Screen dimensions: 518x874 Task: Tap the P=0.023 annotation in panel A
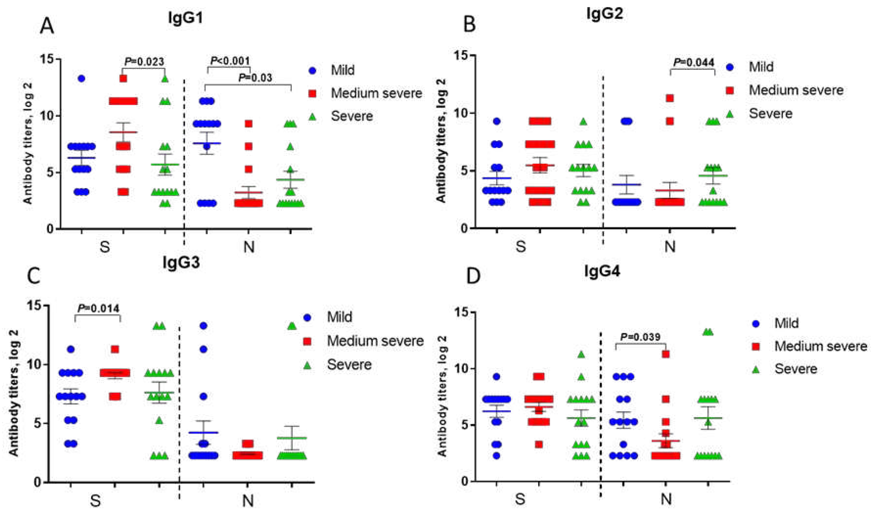tap(144, 62)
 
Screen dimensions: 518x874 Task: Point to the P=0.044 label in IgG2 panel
tap(694, 63)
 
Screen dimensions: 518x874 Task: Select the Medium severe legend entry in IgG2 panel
tap(796, 90)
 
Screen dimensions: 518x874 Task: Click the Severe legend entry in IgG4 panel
tap(796, 369)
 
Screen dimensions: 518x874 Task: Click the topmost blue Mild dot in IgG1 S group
tap(81, 79)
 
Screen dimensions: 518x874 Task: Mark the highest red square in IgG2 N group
tap(670, 99)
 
